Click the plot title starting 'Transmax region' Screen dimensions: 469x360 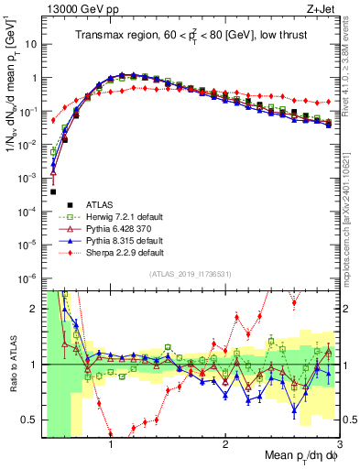pyautogui.click(x=190, y=36)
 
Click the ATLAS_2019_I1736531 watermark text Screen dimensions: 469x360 pyautogui.click(x=190, y=275)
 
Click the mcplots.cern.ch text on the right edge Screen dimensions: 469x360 pyautogui.click(x=353, y=229)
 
